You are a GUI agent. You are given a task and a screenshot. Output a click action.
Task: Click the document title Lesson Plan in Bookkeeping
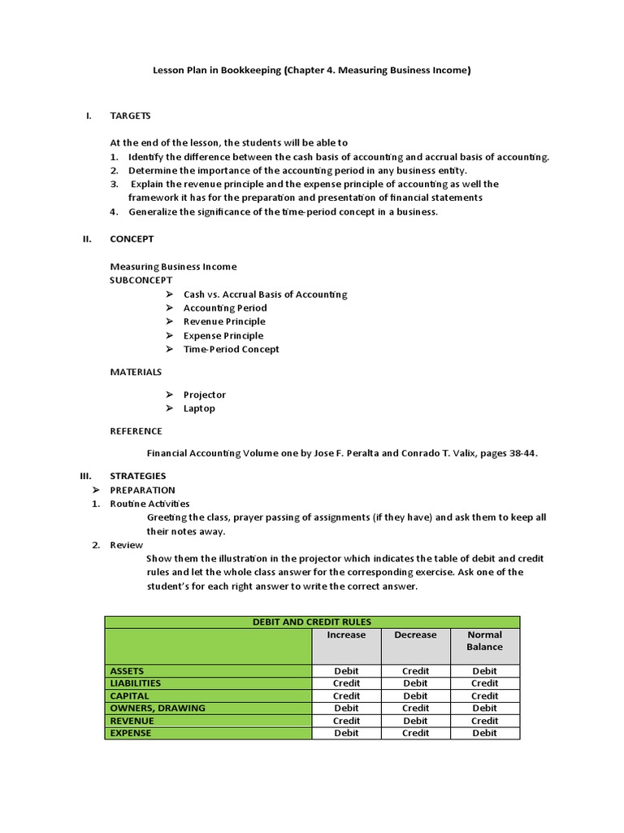point(312,70)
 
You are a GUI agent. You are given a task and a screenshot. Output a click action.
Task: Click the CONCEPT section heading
point(132,239)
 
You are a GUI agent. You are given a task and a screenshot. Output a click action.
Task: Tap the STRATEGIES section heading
point(137,476)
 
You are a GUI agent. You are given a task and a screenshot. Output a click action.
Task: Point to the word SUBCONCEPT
point(141,280)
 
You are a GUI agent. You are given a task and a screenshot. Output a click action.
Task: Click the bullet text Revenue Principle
point(224,321)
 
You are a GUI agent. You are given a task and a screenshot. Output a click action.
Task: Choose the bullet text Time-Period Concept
point(231,349)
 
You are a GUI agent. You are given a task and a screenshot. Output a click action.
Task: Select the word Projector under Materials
point(205,395)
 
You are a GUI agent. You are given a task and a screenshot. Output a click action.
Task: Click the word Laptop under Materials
point(199,408)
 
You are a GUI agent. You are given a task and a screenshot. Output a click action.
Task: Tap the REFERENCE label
point(136,431)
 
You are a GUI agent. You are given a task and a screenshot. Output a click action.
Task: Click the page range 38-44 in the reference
point(520,453)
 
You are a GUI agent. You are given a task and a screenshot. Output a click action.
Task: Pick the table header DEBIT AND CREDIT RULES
point(312,622)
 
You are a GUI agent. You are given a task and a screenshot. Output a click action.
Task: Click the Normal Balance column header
point(484,641)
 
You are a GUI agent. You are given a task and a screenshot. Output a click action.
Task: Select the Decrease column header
point(415,635)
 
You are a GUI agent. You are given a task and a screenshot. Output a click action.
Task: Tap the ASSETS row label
point(127,671)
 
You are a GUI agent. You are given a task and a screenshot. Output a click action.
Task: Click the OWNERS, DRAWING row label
point(158,708)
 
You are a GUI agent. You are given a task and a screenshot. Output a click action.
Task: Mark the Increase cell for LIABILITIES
point(346,683)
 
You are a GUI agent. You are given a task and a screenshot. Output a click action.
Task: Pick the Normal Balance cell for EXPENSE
point(484,733)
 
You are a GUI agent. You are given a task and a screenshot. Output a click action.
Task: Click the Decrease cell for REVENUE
point(415,721)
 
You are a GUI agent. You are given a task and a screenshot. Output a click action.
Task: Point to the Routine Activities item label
point(149,504)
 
